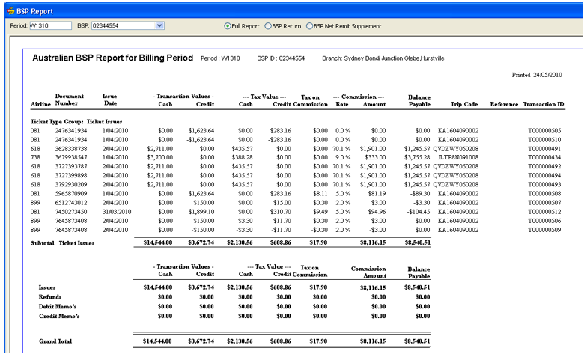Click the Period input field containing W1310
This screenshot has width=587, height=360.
pyautogui.click(x=49, y=26)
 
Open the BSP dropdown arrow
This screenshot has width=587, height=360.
pyautogui.click(x=159, y=26)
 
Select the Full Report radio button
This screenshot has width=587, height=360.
pyautogui.click(x=228, y=26)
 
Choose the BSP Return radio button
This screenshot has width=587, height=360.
pyautogui.click(x=268, y=26)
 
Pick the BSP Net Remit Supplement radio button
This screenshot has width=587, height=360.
pyautogui.click(x=309, y=26)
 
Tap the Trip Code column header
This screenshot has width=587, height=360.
pyautogui.click(x=464, y=105)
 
